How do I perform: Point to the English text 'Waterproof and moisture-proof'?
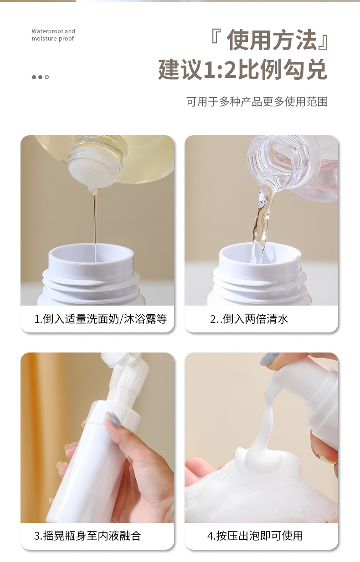pyautogui.click(x=53, y=35)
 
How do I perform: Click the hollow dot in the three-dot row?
pyautogui.click(x=46, y=77)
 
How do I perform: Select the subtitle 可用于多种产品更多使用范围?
pyautogui.click(x=257, y=102)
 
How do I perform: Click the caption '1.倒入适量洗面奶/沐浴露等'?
pyautogui.click(x=101, y=319)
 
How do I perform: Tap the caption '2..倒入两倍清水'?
pyautogui.click(x=249, y=319)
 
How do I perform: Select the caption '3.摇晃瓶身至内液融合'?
pyautogui.click(x=87, y=536)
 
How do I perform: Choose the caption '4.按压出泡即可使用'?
pyautogui.click(x=255, y=536)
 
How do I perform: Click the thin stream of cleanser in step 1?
pyautogui.click(x=95, y=221)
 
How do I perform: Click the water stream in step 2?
pyautogui.click(x=261, y=226)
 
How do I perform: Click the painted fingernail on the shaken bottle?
pyautogui.click(x=112, y=419)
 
